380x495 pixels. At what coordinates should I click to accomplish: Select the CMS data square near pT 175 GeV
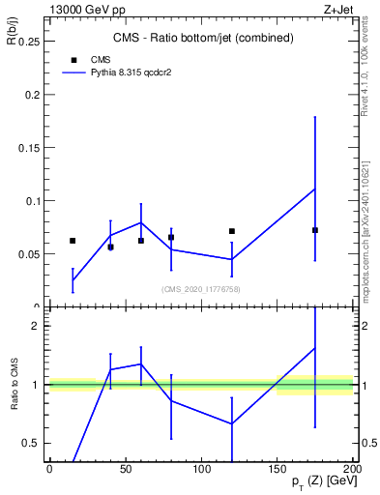315,230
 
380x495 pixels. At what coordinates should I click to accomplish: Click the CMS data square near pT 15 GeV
73,241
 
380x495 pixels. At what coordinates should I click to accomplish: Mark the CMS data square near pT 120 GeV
232,231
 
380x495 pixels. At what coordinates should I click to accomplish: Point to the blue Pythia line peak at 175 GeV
315,189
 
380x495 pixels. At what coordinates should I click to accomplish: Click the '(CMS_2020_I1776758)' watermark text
201,288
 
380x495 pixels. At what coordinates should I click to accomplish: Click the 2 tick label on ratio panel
35,327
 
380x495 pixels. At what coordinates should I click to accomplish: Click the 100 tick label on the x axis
201,469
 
